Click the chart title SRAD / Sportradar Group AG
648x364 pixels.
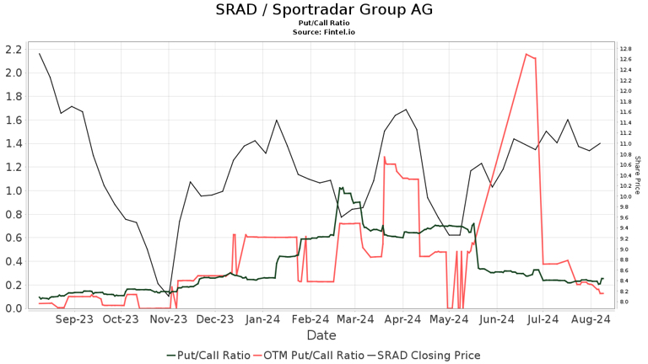pyautogui.click(x=324, y=9)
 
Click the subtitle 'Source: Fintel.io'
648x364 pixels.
pyautogui.click(x=324, y=32)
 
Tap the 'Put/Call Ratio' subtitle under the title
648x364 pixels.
pyautogui.click(x=324, y=23)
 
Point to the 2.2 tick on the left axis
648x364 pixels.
pyautogui.click(x=13, y=50)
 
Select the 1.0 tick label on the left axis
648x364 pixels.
pyautogui.click(x=13, y=190)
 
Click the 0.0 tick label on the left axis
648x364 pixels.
pyautogui.click(x=13, y=308)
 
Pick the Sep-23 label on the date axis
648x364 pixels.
pyautogui.click(x=74, y=319)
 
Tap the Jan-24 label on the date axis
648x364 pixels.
pyautogui.click(x=262, y=319)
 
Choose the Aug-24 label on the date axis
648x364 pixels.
pyautogui.click(x=591, y=319)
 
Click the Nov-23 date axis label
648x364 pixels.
pyautogui.click(x=168, y=319)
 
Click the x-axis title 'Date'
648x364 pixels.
pyautogui.click(x=321, y=335)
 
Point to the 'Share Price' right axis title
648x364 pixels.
pyautogui.click(x=638, y=175)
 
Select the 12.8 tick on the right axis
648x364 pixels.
pyautogui.click(x=625, y=49)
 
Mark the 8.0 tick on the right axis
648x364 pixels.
pyautogui.click(x=624, y=302)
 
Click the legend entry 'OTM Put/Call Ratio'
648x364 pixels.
pyautogui.click(x=309, y=356)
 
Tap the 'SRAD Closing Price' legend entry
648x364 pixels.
pyautogui.click(x=424, y=356)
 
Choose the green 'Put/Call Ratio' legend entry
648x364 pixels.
pyautogui.click(x=208, y=356)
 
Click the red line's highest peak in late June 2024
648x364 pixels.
pyautogui.click(x=526, y=54)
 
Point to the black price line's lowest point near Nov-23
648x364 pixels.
pyautogui.click(x=169, y=297)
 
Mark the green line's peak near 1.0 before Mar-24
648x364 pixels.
pyautogui.click(x=340, y=188)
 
